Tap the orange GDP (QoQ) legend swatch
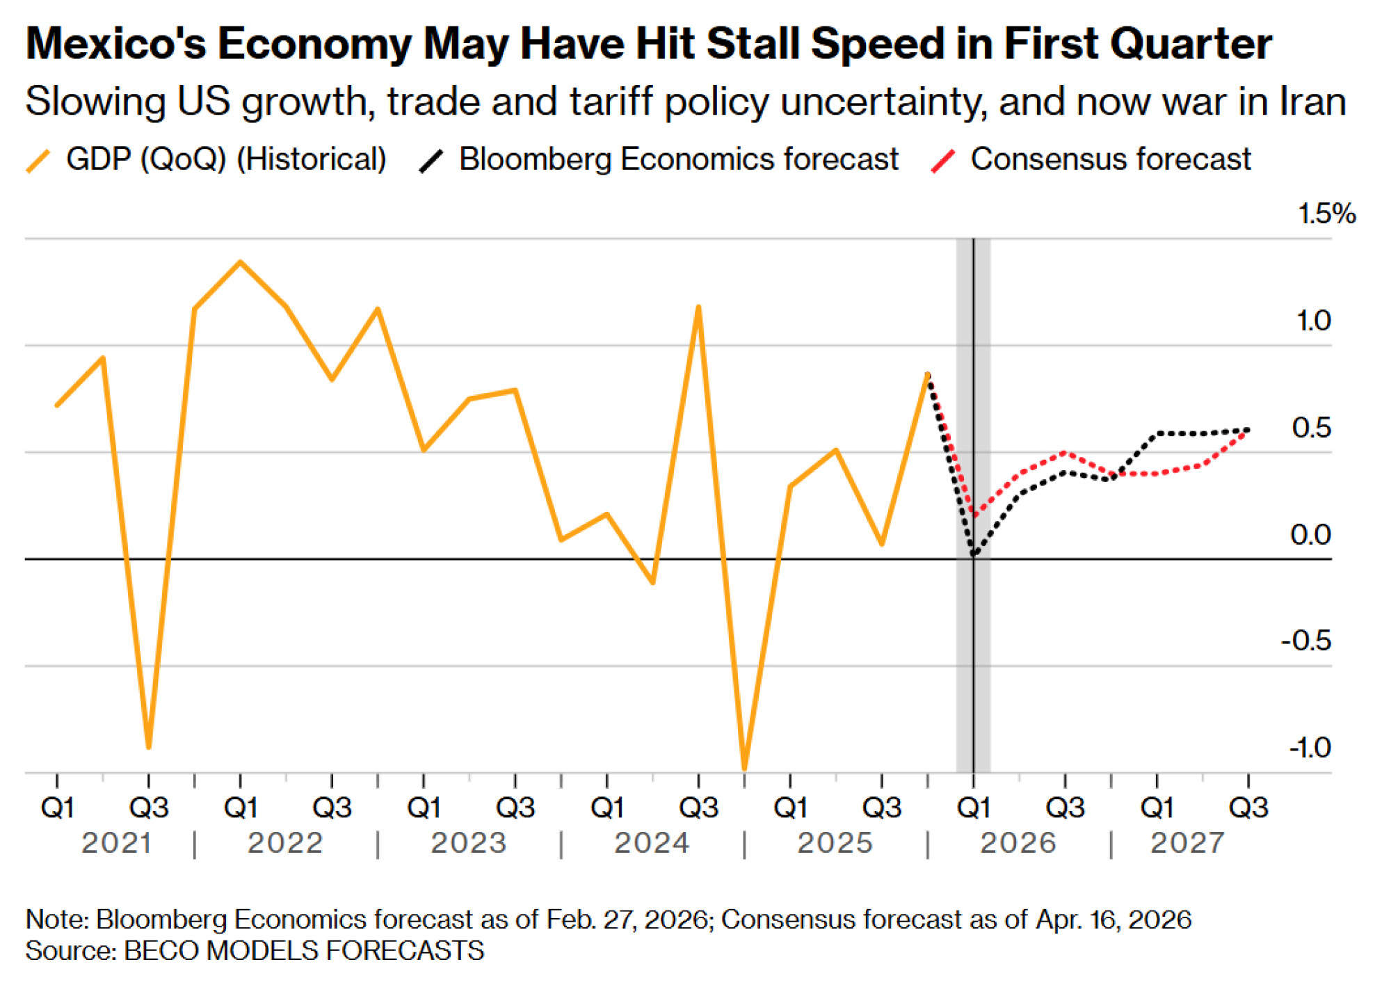[38, 161]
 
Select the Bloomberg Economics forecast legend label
[678, 159]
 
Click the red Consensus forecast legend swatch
[942, 161]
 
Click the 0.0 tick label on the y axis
[1310, 535]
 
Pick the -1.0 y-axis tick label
[1310, 748]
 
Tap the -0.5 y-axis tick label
[1305, 641]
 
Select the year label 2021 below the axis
[116, 843]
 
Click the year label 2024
[652, 843]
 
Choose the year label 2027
[1187, 843]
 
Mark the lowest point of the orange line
[744, 769]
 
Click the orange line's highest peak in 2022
[241, 262]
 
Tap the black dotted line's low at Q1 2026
[974, 555]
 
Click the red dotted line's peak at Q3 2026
[1065, 453]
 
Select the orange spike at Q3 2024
[698, 307]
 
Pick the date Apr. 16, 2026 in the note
[1113, 920]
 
